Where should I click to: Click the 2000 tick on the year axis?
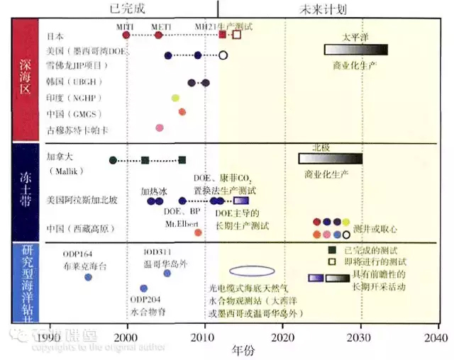click(127, 334)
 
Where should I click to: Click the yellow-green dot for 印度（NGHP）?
click(175, 98)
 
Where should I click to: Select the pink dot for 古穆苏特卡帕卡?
click(160, 128)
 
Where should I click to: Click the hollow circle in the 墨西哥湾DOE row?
click(223, 55)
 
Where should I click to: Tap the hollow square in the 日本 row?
click(237, 34)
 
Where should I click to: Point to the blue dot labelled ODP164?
click(88, 277)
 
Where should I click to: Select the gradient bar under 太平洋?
click(356, 50)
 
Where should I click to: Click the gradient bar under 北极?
click(331, 159)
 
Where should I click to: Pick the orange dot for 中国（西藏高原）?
click(198, 232)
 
